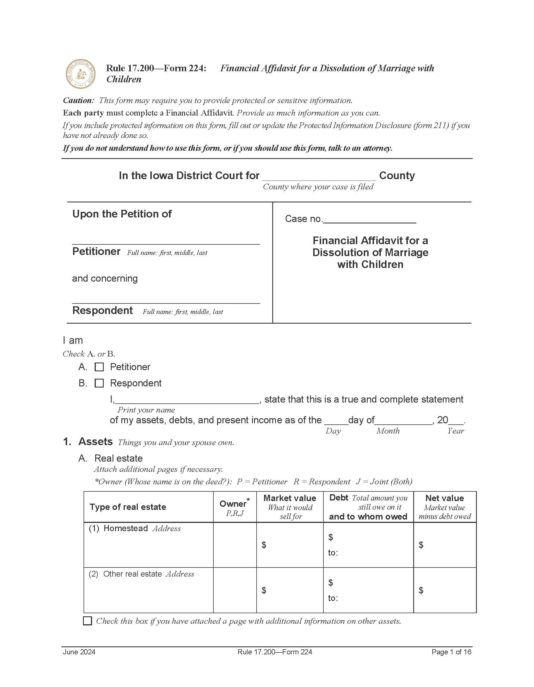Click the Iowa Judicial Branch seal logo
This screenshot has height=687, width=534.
click(x=80, y=74)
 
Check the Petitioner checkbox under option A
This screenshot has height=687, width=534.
click(x=99, y=367)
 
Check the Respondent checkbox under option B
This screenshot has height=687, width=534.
click(x=99, y=383)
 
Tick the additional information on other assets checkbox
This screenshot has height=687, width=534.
click(x=87, y=621)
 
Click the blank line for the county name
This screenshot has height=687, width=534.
click(x=319, y=177)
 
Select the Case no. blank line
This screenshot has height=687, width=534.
click(x=370, y=219)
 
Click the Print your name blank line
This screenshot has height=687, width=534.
click(x=187, y=400)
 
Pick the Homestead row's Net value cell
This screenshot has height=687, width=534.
click(x=444, y=545)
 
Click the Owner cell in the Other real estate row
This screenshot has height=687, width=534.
click(x=234, y=590)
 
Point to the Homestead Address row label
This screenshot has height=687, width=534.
click(x=135, y=529)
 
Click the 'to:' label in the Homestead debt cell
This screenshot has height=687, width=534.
click(x=333, y=553)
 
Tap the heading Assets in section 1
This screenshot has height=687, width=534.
click(x=95, y=442)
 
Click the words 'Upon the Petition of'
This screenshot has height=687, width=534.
click(x=122, y=214)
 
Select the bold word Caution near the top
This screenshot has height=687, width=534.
click(x=78, y=100)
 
